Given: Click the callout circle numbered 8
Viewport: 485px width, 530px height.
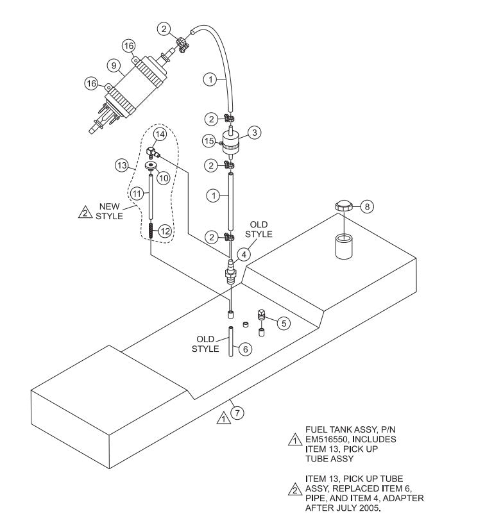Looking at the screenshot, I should (366, 207).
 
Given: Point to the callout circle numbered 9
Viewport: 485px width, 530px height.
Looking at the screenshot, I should (113, 65).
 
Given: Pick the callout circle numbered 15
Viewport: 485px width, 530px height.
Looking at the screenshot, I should (207, 140).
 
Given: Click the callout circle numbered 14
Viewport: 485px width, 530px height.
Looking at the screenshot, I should (160, 135).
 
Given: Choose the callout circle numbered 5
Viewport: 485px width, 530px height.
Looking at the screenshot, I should (282, 323).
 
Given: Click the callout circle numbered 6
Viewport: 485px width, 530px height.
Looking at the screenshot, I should (243, 349).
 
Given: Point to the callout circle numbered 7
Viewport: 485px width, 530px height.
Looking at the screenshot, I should (237, 413).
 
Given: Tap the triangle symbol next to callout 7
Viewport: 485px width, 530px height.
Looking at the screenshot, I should (223, 418).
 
